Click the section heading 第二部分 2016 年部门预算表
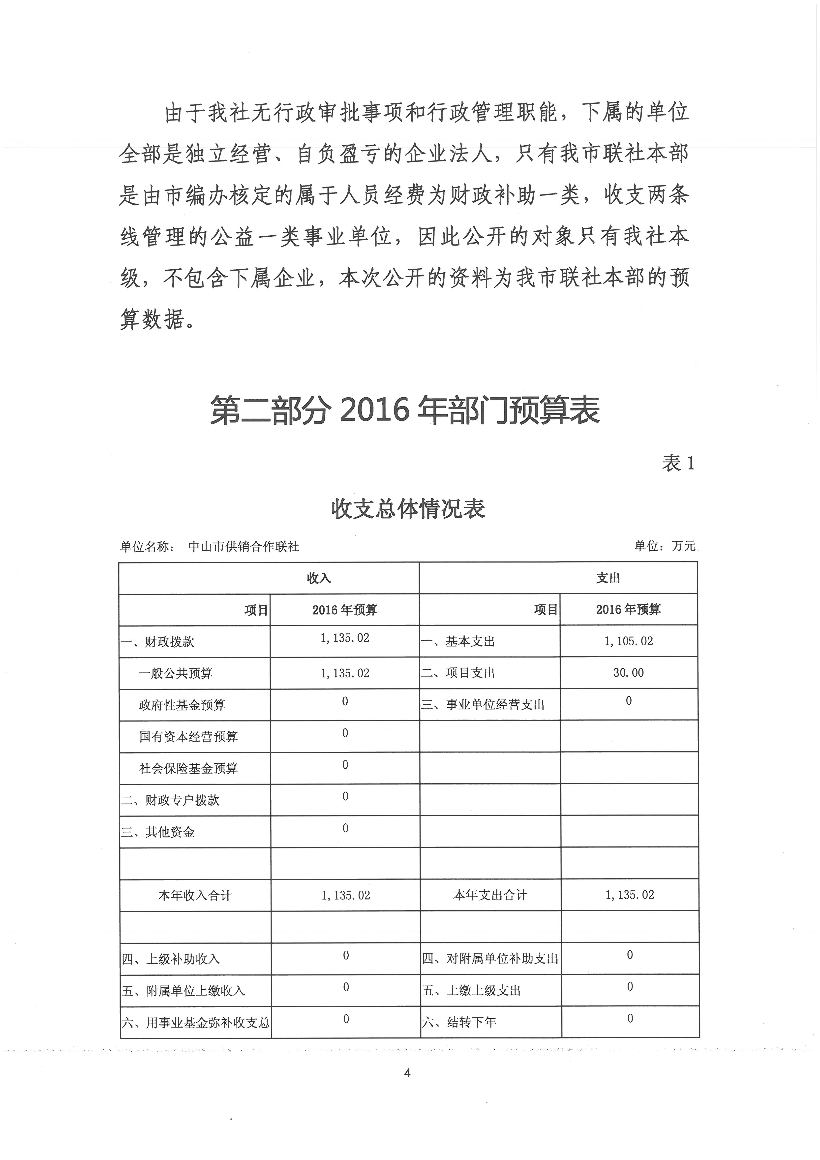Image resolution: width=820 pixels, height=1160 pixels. (x=405, y=410)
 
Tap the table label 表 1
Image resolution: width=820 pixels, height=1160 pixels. (x=678, y=463)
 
